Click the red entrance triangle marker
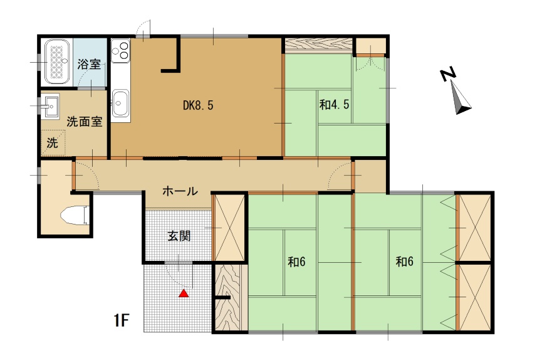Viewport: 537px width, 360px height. (x=184, y=293)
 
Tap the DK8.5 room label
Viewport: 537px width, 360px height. (x=198, y=105)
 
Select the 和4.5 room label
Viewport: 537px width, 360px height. (x=334, y=105)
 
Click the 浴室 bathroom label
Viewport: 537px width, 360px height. (x=89, y=64)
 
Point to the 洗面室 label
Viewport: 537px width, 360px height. (x=84, y=122)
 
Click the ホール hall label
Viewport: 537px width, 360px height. (x=180, y=191)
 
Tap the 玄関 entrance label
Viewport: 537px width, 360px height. (x=179, y=236)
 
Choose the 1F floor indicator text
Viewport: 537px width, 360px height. (x=121, y=320)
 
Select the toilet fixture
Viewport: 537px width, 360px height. (x=75, y=216)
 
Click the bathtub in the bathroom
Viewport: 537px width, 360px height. (x=57, y=61)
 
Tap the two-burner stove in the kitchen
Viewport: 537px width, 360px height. (x=120, y=51)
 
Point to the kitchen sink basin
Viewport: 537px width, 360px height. (x=120, y=103)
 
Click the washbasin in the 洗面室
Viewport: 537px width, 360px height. (x=50, y=106)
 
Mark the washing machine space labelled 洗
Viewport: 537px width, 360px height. (x=53, y=142)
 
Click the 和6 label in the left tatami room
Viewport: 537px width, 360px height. (x=296, y=262)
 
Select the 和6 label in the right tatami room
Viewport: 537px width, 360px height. (x=404, y=262)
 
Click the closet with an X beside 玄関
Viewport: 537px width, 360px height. (x=229, y=228)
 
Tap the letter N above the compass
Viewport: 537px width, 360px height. (x=448, y=74)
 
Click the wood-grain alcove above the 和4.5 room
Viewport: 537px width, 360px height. (x=318, y=45)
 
